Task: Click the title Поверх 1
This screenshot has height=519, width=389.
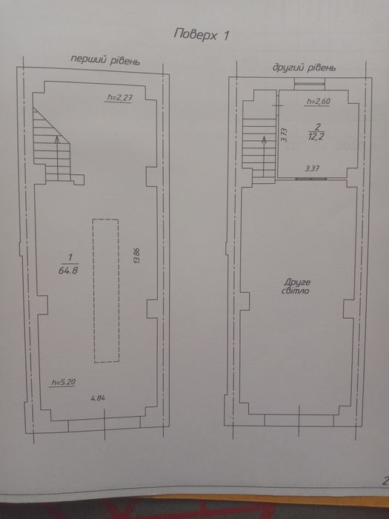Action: click(x=202, y=35)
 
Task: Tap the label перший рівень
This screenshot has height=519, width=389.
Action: click(x=105, y=60)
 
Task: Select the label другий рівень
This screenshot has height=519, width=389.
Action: click(x=305, y=67)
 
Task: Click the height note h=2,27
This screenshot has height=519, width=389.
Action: click(x=120, y=97)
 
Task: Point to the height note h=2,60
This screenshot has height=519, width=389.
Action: click(x=318, y=102)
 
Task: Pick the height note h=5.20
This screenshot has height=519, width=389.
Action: click(x=63, y=382)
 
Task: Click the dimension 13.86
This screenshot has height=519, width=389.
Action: click(x=137, y=256)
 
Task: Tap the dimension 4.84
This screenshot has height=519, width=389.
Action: click(x=99, y=398)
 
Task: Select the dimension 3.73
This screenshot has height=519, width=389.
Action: click(x=284, y=135)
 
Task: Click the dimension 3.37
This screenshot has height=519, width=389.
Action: click(x=312, y=168)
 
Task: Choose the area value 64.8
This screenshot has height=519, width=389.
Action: click(x=68, y=271)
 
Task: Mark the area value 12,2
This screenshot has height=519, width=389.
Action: click(x=316, y=136)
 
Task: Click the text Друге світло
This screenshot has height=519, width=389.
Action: click(x=296, y=287)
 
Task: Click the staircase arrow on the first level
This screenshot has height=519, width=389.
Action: click(x=58, y=158)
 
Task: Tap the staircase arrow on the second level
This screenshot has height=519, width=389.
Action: click(x=264, y=156)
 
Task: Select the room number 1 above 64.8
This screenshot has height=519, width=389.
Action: click(x=70, y=257)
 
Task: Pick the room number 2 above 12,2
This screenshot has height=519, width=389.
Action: click(x=318, y=127)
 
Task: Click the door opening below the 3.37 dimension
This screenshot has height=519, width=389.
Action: click(x=311, y=179)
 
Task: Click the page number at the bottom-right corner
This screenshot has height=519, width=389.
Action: click(x=385, y=480)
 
